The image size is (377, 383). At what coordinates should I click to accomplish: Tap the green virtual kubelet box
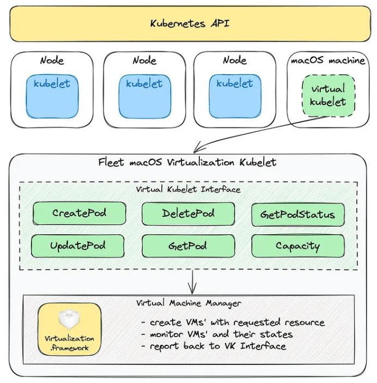pyautogui.click(x=328, y=96)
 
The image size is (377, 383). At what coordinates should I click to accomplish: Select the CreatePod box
pyautogui.click(x=80, y=214)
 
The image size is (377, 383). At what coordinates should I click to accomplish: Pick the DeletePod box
pyautogui.click(x=188, y=214)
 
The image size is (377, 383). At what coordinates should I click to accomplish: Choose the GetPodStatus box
pyautogui.click(x=297, y=215)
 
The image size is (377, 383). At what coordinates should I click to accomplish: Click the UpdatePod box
pyautogui.click(x=78, y=246)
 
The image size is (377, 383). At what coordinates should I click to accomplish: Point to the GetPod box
pyautogui.click(x=188, y=246)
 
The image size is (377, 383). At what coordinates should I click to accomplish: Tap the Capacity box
pyautogui.click(x=297, y=246)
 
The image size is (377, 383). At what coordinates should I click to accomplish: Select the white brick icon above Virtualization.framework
pyautogui.click(x=69, y=319)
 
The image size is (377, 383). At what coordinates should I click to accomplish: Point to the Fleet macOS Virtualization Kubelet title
pyautogui.click(x=187, y=162)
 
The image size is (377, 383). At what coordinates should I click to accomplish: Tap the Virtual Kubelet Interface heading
pyautogui.click(x=188, y=189)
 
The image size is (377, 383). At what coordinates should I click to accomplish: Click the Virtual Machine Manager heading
pyautogui.click(x=188, y=302)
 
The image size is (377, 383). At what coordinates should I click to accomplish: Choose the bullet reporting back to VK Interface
pyautogui.click(x=213, y=346)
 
